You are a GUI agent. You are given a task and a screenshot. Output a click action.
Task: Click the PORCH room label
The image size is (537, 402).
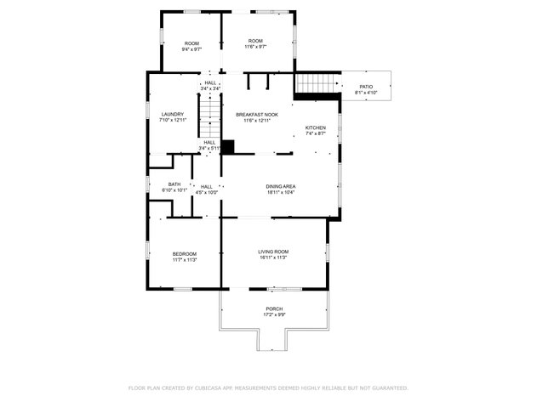274,309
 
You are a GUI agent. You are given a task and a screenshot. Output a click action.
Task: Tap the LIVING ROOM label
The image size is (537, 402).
274,252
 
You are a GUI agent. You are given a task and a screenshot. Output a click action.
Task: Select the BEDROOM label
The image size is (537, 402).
185,254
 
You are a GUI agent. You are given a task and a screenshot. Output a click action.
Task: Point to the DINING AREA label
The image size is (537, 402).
281,186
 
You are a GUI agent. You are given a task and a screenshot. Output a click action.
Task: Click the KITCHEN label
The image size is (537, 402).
316,128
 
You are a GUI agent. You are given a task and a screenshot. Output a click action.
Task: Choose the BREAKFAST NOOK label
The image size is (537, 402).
257,115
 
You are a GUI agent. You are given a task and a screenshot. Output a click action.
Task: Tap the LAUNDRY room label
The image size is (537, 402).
173,115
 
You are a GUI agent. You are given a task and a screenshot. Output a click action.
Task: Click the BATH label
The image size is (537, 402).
174,184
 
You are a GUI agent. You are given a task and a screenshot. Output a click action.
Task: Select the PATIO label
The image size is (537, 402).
366,87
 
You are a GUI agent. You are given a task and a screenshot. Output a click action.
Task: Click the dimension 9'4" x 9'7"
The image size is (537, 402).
191,49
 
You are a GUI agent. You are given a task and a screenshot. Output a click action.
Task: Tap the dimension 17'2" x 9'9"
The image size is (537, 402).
274,314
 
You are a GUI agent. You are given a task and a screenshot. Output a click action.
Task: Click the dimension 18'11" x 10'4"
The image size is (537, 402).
281,192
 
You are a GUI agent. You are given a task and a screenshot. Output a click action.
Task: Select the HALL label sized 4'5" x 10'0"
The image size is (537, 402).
207,186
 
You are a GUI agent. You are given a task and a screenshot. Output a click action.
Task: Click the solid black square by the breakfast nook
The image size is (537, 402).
227,146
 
